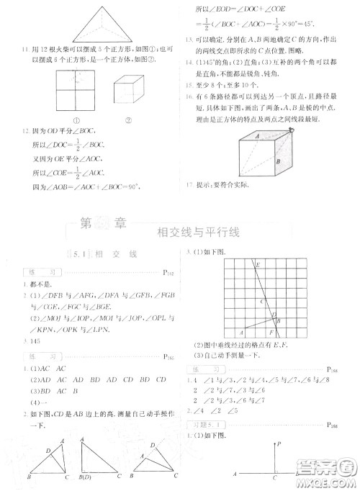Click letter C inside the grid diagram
click(261, 302)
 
